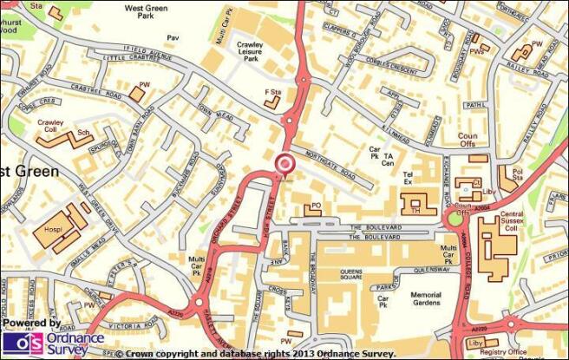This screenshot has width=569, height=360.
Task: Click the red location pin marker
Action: (x=284, y=164)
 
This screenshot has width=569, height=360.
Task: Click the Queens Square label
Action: (x=357, y=276)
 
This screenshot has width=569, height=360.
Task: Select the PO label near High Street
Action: (x=316, y=206)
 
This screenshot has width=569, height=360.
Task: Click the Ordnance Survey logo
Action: (x=52, y=338)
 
